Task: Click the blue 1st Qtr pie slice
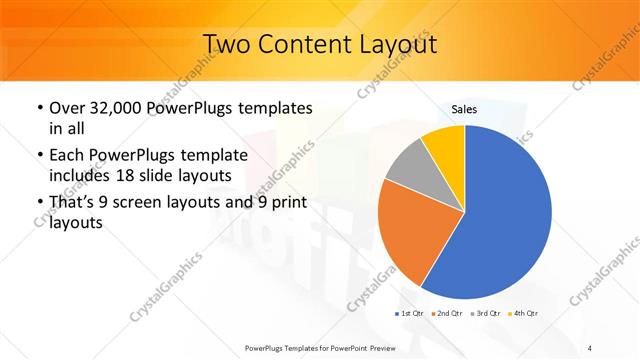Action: (500, 220)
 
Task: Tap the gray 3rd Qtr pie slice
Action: (407, 162)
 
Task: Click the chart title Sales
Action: (464, 109)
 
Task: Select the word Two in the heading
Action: (228, 46)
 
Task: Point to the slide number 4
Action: (590, 347)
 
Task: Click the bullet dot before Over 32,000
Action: (38, 108)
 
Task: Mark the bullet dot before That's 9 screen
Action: (38, 204)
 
